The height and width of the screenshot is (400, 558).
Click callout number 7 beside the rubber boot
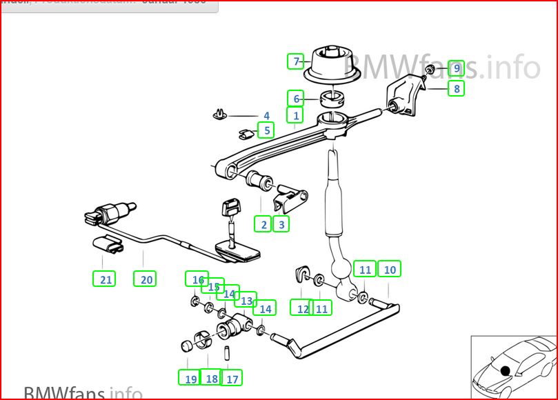click(x=296, y=61)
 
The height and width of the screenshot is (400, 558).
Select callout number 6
click(x=296, y=99)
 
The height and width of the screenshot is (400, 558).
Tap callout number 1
click(x=296, y=116)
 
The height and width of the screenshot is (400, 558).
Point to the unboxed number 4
click(x=266, y=116)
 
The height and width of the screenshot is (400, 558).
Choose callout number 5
click(x=266, y=130)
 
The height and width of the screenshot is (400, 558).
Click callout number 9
click(x=456, y=68)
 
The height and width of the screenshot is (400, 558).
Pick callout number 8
click(x=456, y=88)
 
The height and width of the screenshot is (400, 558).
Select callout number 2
click(x=262, y=223)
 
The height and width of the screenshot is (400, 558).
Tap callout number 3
click(x=280, y=223)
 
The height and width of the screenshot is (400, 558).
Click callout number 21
click(x=105, y=279)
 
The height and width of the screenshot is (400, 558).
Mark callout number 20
click(x=146, y=279)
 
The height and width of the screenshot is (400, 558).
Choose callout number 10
click(x=390, y=270)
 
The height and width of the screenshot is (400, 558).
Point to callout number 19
click(x=190, y=378)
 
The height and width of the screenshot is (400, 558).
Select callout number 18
click(x=211, y=378)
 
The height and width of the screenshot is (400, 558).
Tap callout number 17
click(x=232, y=378)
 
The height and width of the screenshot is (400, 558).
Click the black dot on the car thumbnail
click(x=506, y=370)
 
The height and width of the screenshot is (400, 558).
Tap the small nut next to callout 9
click(x=430, y=70)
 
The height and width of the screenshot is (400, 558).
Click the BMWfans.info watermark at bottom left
click(x=83, y=393)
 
